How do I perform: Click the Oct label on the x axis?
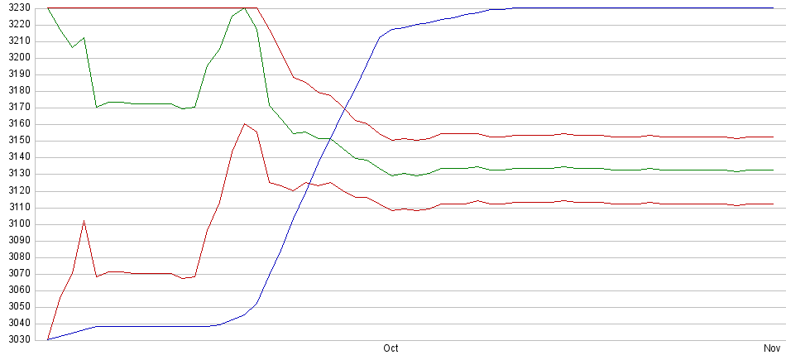click(x=391, y=349)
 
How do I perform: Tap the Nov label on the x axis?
click(x=772, y=349)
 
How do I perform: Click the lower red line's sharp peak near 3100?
click(x=84, y=221)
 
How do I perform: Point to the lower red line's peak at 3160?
click(x=244, y=124)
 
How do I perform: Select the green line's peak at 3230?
click(x=244, y=8)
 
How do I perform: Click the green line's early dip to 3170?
click(x=97, y=107)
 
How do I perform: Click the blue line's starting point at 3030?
click(x=48, y=339)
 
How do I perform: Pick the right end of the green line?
click(x=773, y=170)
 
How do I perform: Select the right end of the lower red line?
click(x=773, y=204)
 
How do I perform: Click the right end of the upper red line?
click(x=773, y=137)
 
